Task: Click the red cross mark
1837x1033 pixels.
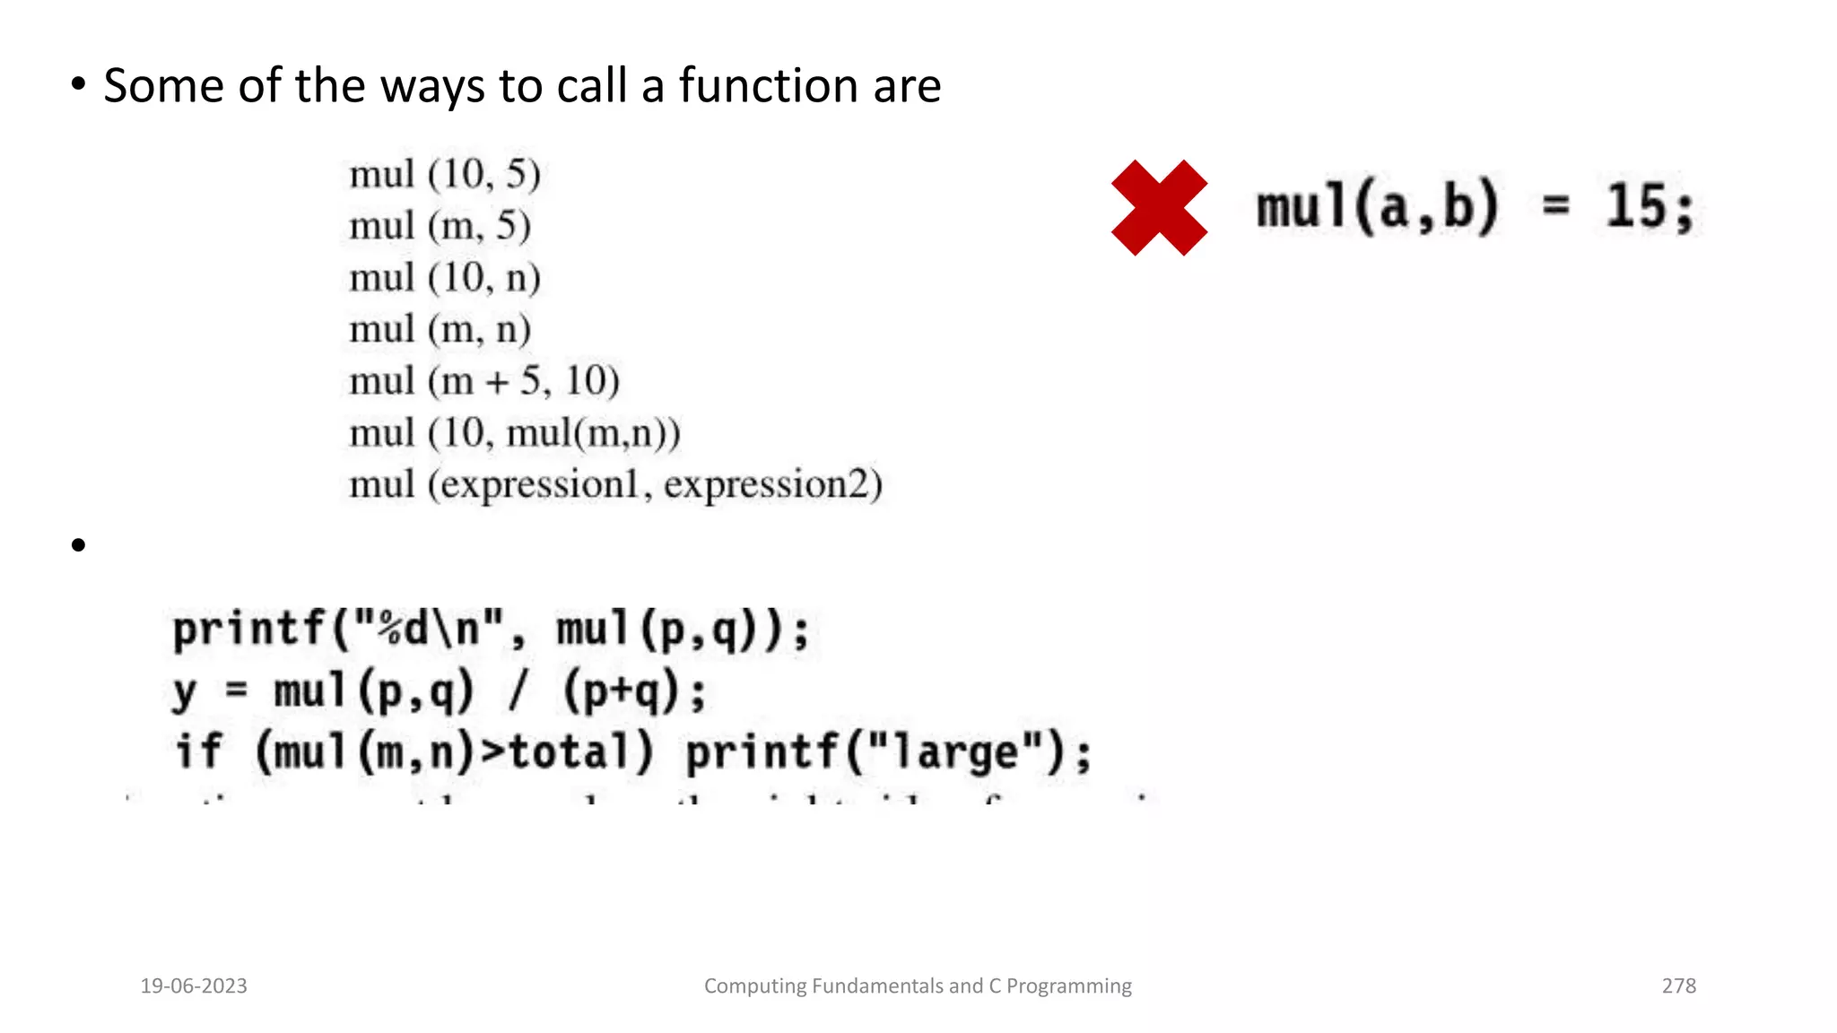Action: click(x=1159, y=208)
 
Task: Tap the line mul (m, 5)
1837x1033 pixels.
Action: click(x=440, y=226)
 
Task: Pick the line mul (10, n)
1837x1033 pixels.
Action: click(x=445, y=278)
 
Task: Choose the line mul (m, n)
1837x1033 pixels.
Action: click(x=440, y=330)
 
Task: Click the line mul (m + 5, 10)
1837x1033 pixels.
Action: click(x=484, y=382)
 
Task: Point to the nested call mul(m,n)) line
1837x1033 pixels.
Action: click(x=593, y=434)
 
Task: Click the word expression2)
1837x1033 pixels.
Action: click(x=772, y=485)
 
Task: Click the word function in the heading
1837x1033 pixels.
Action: click(x=768, y=86)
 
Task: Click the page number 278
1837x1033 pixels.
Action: click(x=1678, y=985)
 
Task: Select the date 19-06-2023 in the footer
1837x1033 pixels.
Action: click(x=194, y=985)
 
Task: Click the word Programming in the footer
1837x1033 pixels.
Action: click(x=1068, y=985)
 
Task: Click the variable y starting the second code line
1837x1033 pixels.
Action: click(x=185, y=692)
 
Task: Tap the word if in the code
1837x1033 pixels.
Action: click(x=197, y=751)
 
